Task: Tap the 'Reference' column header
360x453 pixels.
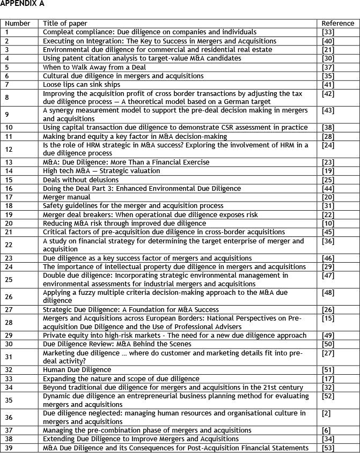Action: tap(337, 24)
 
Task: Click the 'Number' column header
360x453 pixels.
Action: tap(18, 24)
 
